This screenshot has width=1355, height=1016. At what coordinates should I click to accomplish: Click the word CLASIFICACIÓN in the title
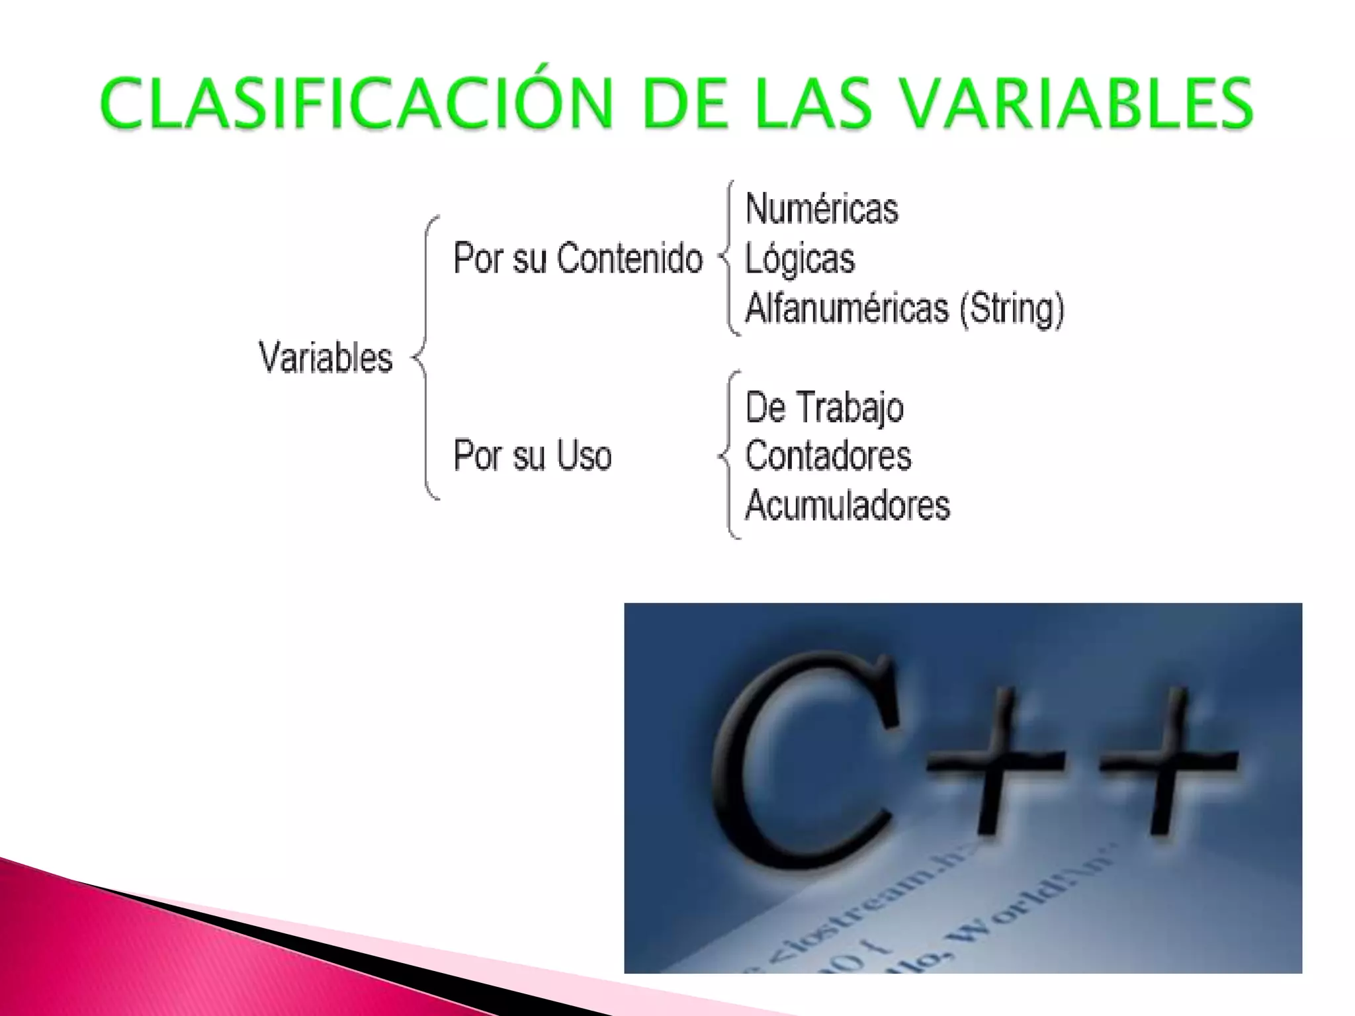tap(357, 103)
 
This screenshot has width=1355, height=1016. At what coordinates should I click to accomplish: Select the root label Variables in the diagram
tap(326, 358)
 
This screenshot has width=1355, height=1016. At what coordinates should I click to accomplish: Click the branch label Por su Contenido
tap(578, 258)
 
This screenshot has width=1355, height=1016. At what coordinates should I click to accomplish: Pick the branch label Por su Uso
tap(533, 456)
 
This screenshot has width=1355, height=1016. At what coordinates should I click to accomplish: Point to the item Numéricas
tap(822, 209)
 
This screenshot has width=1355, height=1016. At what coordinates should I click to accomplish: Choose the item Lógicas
tap(800, 259)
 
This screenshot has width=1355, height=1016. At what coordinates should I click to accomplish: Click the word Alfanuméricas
tap(847, 308)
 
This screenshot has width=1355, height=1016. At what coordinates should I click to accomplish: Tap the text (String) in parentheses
tap(1012, 308)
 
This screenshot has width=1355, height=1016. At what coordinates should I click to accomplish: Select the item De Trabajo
tap(824, 407)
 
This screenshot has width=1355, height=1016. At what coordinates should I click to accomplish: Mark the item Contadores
tap(828, 456)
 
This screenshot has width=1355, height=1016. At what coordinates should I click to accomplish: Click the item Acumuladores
tap(848, 505)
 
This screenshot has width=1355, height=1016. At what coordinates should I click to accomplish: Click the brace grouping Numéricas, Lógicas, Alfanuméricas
tap(728, 258)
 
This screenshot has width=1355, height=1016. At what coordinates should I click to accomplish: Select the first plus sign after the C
tap(996, 761)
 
